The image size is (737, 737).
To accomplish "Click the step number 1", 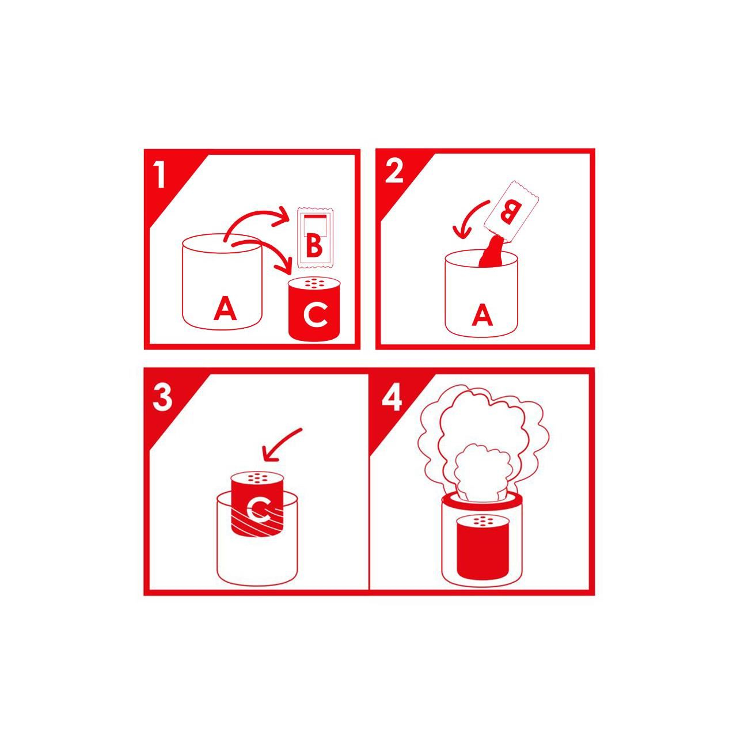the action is (x=161, y=174).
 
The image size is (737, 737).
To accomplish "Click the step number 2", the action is (x=394, y=170).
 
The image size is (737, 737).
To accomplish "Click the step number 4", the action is (x=392, y=398).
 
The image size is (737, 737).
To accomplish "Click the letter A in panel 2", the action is (x=483, y=316).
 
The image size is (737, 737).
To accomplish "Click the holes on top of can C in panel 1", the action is (x=314, y=283).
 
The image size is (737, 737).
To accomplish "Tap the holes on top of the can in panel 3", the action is (x=257, y=477).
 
